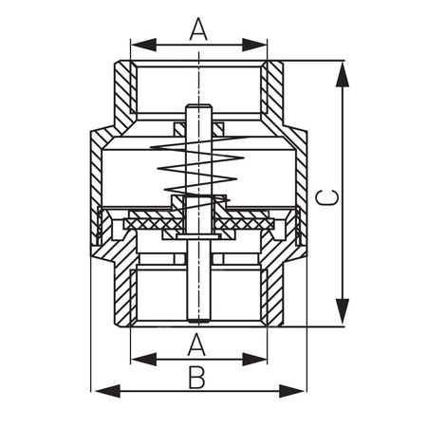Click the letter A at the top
pos(197,28)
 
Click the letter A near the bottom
pos(197,343)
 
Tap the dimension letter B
pos(196,377)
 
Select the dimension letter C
pos(324,196)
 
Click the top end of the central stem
pos(198,107)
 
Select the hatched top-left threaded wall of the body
pos(121,90)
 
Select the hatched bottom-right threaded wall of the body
pos(273,294)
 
